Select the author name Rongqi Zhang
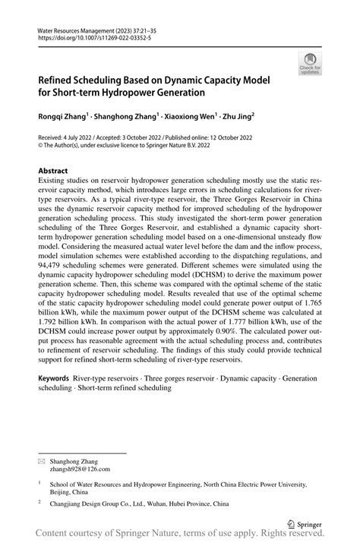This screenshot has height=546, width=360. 65,117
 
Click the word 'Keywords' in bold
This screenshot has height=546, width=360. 57,377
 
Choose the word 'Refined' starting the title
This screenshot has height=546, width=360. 59,79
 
